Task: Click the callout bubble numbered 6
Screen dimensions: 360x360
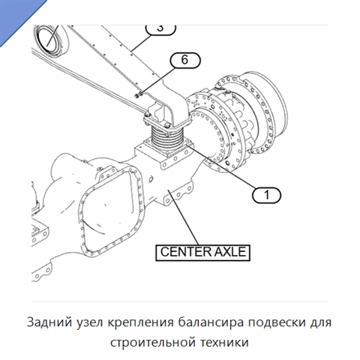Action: (x=185, y=60)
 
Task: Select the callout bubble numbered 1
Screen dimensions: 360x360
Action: (x=266, y=195)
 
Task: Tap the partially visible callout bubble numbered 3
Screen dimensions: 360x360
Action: (x=160, y=29)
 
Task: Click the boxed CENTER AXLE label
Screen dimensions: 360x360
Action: (x=202, y=253)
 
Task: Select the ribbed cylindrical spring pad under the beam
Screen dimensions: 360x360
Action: (x=166, y=139)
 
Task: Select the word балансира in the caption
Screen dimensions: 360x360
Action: (x=211, y=322)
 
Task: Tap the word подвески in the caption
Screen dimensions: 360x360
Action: (x=277, y=322)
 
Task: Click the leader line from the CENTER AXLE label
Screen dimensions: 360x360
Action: (x=183, y=217)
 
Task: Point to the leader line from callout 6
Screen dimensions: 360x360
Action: (x=157, y=80)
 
